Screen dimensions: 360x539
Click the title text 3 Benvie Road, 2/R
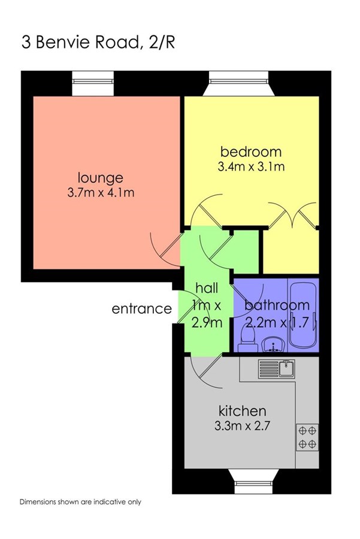[98, 43]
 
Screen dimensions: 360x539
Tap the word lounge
[100, 178]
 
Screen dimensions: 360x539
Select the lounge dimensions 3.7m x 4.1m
[101, 193]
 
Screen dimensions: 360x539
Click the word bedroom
[250, 152]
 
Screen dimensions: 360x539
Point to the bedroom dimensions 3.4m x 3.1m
[251, 166]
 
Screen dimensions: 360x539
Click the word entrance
[141, 308]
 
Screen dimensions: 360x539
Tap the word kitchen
[243, 410]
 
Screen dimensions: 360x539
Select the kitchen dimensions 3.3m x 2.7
[242, 426]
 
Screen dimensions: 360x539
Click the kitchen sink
[277, 368]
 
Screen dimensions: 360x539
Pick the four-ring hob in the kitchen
[307, 437]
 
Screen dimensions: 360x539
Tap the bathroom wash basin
[273, 344]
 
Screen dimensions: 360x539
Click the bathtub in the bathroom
[303, 315]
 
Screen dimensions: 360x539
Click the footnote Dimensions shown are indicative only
[80, 502]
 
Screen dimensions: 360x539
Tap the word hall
[207, 287]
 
